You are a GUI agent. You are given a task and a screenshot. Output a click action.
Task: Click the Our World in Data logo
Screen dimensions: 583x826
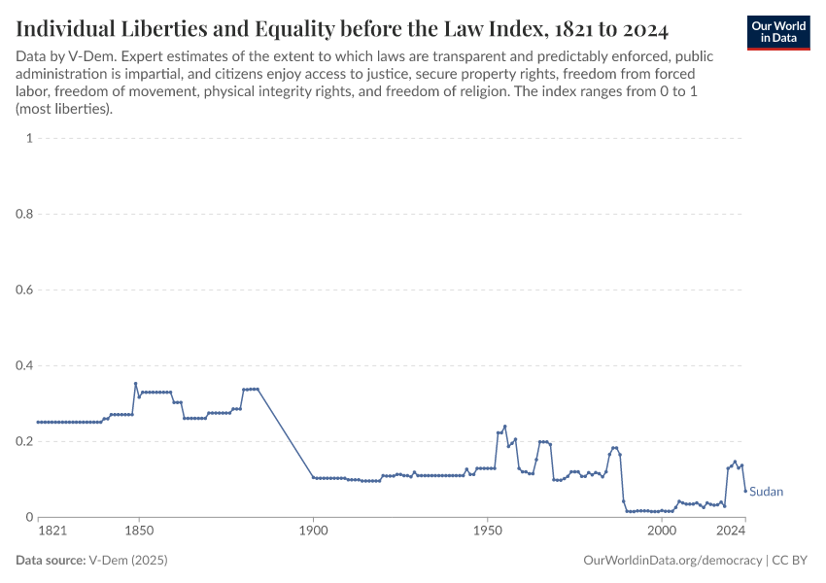click(778, 32)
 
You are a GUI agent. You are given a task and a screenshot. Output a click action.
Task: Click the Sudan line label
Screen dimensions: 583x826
click(766, 492)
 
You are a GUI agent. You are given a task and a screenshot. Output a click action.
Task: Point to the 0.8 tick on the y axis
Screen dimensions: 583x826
click(23, 214)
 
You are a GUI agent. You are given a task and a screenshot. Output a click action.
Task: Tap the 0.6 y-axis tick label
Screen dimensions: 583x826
click(23, 290)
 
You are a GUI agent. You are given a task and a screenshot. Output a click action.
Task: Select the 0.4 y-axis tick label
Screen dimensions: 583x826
click(23, 365)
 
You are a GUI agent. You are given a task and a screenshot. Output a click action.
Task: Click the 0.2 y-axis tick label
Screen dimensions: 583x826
click(23, 441)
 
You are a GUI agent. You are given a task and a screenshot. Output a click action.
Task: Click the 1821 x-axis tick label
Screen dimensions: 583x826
click(52, 532)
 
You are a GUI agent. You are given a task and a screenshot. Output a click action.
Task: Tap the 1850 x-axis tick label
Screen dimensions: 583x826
click(139, 532)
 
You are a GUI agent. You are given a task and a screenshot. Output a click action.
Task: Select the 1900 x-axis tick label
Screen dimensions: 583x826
click(313, 532)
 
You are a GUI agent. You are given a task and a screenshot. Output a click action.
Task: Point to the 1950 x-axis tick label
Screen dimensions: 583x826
click(487, 532)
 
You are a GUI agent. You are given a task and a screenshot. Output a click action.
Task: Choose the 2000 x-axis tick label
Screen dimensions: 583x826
click(662, 532)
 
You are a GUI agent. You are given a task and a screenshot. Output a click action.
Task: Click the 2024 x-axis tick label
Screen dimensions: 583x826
click(731, 532)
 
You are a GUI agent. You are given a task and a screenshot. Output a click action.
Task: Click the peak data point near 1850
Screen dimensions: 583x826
click(136, 384)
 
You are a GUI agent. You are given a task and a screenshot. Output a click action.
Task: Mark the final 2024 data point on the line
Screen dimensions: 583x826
click(745, 491)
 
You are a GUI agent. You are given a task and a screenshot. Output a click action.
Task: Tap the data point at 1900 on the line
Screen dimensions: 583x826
click(313, 477)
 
